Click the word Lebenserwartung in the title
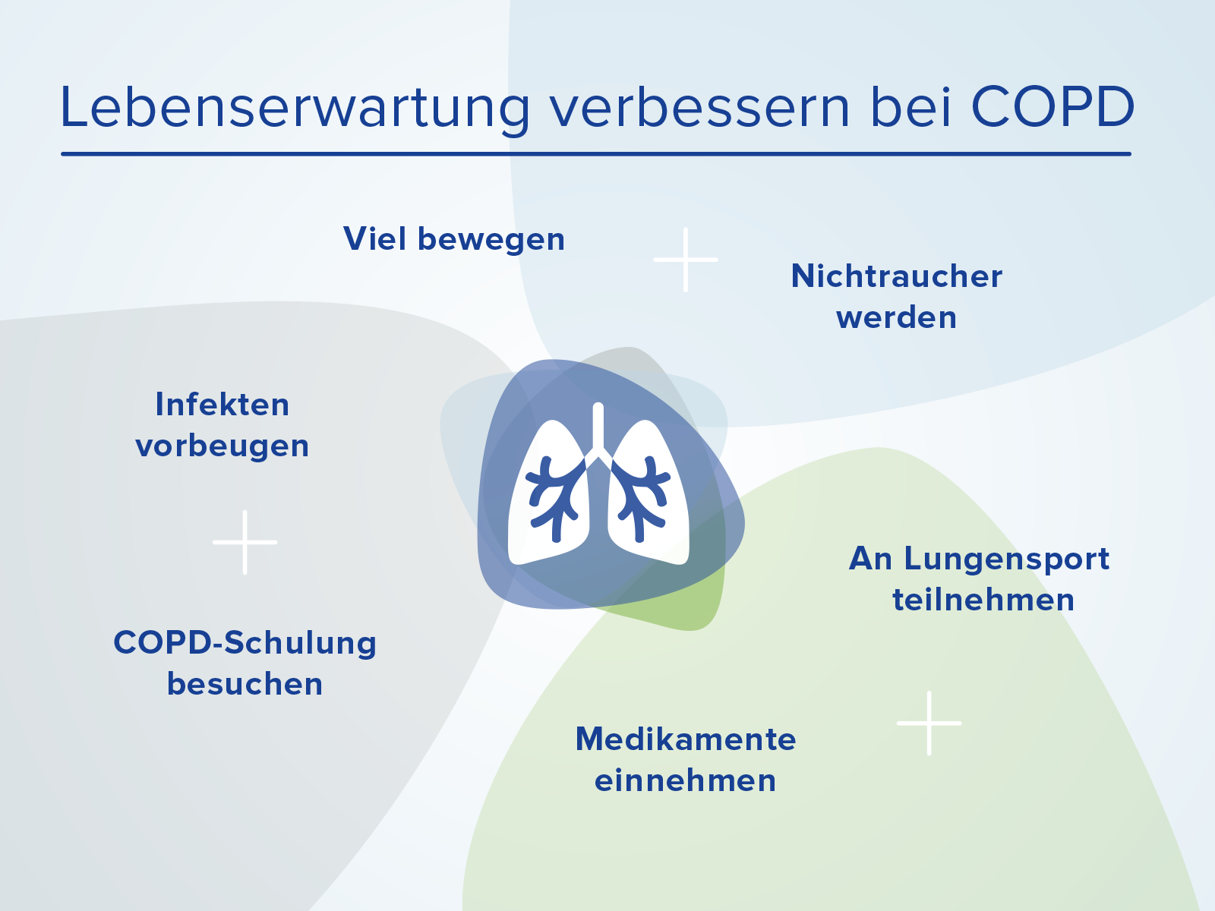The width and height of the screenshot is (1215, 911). (x=294, y=108)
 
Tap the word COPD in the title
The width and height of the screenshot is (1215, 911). (x=1052, y=107)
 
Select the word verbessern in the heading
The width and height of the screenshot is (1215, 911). (x=699, y=107)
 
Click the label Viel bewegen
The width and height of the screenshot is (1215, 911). (x=454, y=239)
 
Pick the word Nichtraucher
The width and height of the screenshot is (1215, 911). (x=897, y=276)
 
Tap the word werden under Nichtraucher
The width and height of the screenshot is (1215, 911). (x=896, y=317)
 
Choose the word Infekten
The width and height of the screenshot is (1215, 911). (x=222, y=405)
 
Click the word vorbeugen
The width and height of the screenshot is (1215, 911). (x=222, y=446)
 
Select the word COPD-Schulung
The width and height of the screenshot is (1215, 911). (x=245, y=643)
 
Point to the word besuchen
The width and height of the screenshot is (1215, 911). (x=245, y=684)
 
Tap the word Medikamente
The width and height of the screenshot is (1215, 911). (x=686, y=739)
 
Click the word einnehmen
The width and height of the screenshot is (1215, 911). (x=686, y=780)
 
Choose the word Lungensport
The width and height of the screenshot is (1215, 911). (x=1006, y=560)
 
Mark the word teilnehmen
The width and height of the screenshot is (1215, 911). (x=983, y=601)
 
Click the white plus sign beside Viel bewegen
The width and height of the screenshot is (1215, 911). (x=686, y=260)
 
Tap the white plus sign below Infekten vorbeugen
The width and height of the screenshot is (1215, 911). (x=245, y=542)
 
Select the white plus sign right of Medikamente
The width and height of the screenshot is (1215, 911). (x=929, y=723)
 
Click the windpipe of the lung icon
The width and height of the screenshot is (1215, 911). (x=598, y=429)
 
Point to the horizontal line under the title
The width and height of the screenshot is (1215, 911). (x=596, y=154)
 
